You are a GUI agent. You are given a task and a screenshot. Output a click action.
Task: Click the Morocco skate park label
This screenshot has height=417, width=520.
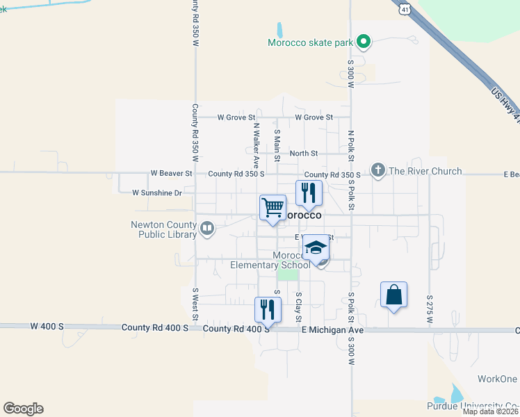[311, 42]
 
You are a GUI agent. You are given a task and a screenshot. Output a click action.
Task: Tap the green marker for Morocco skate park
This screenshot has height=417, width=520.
[363, 42]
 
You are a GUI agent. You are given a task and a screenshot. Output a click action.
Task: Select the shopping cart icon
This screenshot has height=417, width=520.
[273, 207]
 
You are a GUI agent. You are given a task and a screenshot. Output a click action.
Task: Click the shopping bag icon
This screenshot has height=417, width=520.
[393, 294]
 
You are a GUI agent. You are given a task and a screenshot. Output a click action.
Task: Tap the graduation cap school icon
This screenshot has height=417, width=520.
[316, 248]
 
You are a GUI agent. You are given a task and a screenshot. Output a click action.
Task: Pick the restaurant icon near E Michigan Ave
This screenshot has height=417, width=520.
[268, 309]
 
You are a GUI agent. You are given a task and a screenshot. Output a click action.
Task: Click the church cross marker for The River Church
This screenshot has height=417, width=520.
[378, 171]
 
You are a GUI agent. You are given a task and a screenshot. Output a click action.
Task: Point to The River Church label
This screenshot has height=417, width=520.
[425, 171]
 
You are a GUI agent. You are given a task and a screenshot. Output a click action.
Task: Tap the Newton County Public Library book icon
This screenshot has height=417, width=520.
[207, 228]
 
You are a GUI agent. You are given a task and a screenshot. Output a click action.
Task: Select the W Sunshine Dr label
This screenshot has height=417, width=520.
[156, 193]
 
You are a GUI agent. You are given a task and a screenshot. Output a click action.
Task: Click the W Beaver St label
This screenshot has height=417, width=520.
[171, 172]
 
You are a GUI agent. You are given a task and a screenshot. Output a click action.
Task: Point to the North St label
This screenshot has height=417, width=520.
[304, 153]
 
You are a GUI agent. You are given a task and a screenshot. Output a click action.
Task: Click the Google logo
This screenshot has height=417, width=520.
[23, 409]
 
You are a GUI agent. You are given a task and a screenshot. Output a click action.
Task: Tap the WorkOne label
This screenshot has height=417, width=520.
[497, 379]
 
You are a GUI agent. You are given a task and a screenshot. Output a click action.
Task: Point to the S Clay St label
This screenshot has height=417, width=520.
[298, 304]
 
